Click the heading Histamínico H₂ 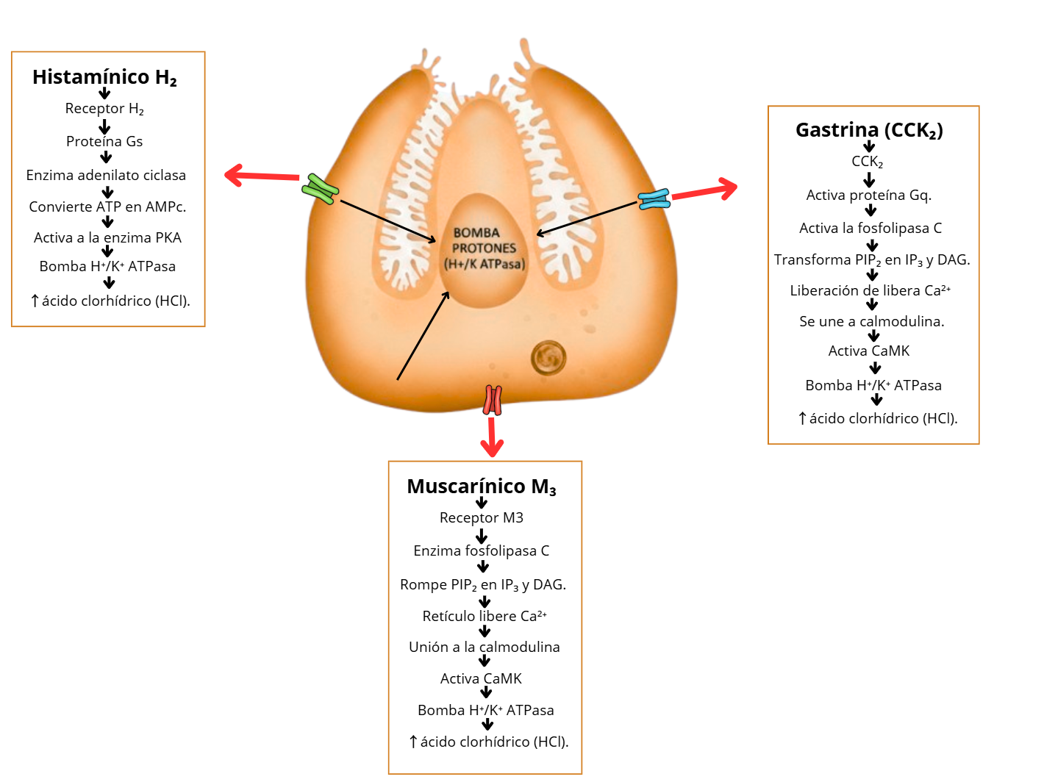tap(104, 77)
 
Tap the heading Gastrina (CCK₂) tap(869, 130)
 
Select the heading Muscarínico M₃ tap(482, 487)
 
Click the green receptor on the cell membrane tap(320, 189)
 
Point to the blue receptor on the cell tap(654, 199)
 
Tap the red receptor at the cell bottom tap(492, 401)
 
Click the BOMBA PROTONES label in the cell tap(485, 248)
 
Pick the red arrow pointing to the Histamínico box tap(261, 176)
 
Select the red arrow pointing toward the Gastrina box tap(704, 190)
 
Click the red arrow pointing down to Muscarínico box tap(491, 437)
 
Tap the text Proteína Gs tap(104, 141)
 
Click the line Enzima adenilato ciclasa tap(106, 175)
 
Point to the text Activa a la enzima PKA tap(107, 237)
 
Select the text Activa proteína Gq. tap(869, 195)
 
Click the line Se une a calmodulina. tap(872, 321)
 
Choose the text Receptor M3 tap(482, 517)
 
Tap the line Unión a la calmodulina tap(485, 647)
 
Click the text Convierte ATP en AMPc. tap(107, 207)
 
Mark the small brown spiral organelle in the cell tap(548, 358)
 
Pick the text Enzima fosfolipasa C tap(482, 550)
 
